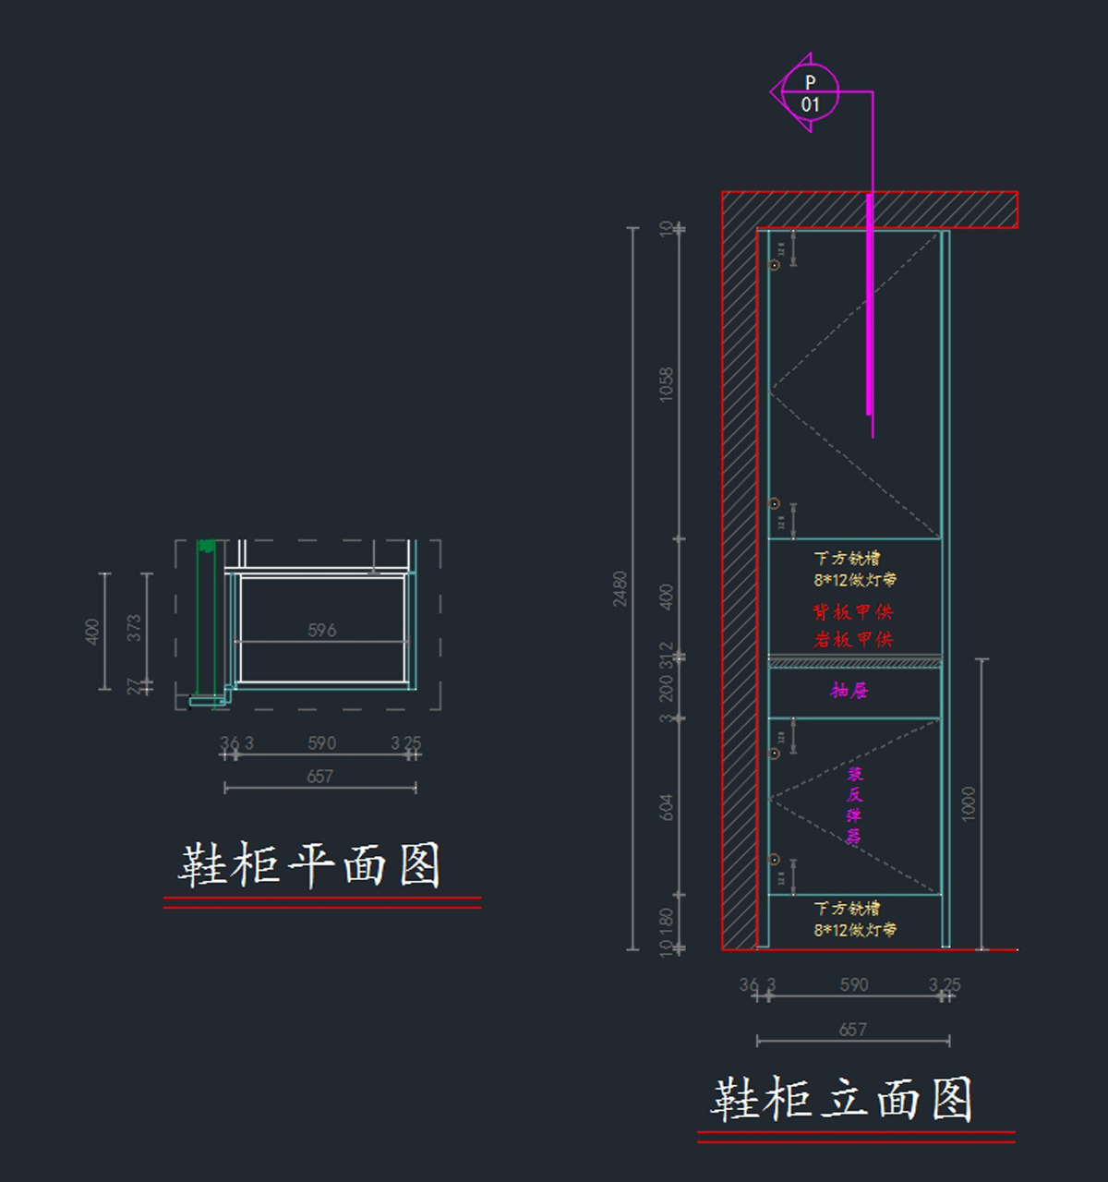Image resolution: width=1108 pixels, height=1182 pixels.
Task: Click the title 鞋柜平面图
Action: tap(309, 865)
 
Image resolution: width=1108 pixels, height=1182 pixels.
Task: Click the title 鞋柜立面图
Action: tap(841, 1099)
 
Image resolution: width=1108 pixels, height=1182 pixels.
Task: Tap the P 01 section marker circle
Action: tap(810, 93)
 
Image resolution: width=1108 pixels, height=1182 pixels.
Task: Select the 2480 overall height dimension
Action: tap(620, 588)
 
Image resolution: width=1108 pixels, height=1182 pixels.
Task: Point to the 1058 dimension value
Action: tap(666, 383)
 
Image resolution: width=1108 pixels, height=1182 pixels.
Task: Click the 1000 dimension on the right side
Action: tap(968, 803)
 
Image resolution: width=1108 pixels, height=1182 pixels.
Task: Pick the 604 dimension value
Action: tap(666, 807)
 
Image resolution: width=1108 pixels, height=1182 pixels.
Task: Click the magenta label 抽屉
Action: tap(849, 690)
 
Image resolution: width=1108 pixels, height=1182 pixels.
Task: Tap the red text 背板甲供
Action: tap(852, 612)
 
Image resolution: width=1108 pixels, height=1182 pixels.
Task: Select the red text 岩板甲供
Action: tap(852, 639)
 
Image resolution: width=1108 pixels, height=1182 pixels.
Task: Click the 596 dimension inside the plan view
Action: tap(321, 630)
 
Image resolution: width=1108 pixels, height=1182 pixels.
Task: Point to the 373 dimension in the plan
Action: tap(135, 628)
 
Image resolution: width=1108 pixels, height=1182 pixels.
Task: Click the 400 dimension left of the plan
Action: tap(91, 632)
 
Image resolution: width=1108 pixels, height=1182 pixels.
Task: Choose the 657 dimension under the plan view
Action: tap(319, 777)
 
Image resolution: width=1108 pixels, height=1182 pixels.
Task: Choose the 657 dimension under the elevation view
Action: tap(852, 1029)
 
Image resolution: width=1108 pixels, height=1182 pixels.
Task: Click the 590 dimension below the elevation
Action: tap(853, 984)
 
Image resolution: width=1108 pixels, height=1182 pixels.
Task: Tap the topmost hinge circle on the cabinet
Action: tap(775, 265)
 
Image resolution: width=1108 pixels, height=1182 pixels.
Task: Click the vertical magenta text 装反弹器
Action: tap(855, 805)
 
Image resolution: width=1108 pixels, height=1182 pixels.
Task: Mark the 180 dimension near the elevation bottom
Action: tap(666, 921)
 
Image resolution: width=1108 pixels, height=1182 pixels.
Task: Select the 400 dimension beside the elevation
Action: tap(666, 597)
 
